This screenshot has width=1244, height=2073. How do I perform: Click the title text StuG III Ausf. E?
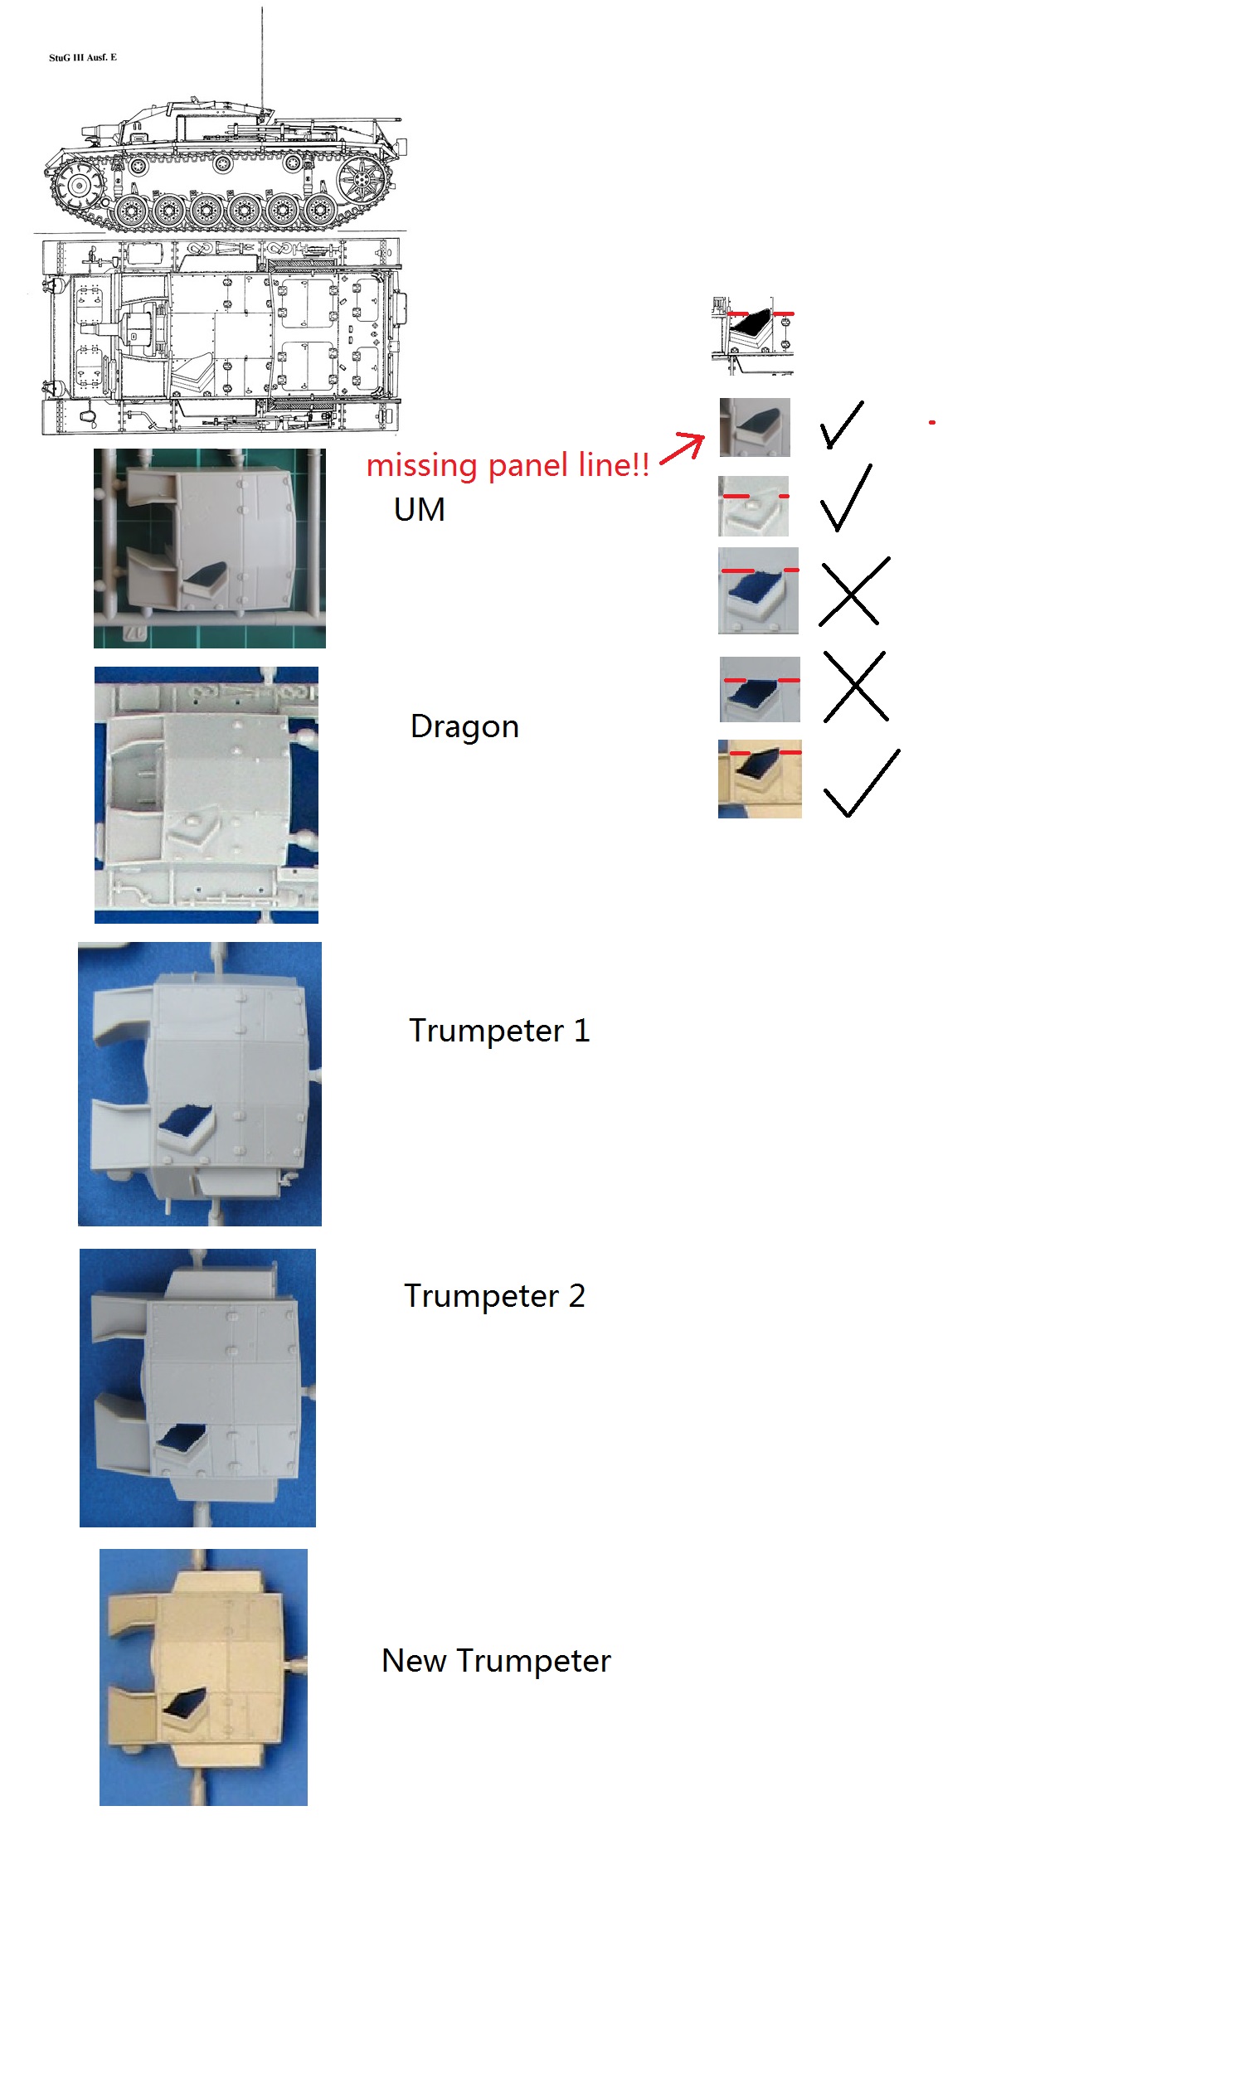(82, 58)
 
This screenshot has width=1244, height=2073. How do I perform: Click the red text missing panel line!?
(508, 465)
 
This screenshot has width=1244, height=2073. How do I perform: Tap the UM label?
(419, 509)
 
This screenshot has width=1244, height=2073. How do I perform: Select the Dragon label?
(464, 726)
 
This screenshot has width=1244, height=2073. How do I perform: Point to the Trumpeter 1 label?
(498, 1031)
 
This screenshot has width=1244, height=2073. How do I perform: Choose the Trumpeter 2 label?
(494, 1295)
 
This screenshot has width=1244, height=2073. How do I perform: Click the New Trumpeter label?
(495, 1661)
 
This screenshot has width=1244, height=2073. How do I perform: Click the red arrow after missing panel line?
(683, 448)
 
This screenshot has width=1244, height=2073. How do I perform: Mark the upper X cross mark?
(853, 591)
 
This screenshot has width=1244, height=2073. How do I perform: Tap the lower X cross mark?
(855, 687)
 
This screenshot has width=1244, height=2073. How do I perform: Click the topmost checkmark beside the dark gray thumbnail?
(841, 425)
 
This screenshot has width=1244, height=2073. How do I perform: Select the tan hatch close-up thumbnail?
(760, 779)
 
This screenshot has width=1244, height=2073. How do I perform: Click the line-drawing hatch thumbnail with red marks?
(752, 335)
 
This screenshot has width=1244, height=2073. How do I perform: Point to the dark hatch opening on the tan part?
(185, 1701)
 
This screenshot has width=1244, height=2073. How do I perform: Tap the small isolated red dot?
(931, 422)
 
